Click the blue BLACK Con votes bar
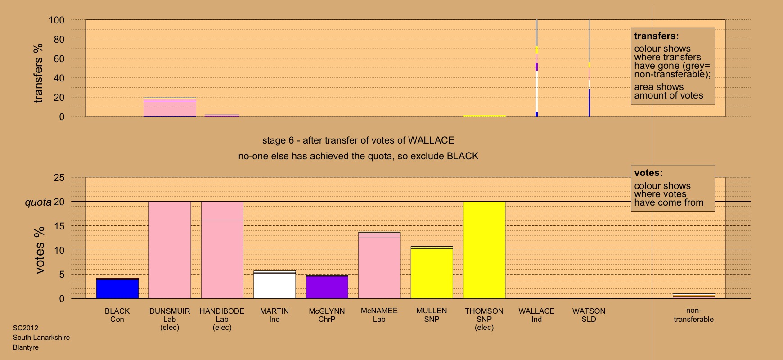[x=117, y=289]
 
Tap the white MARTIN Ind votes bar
[x=274, y=285]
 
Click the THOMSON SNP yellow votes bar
[x=484, y=250]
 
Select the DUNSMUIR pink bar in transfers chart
[x=170, y=108]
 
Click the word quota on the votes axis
[x=38, y=202]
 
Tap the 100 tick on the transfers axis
[x=57, y=20]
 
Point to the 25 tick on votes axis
[x=59, y=178]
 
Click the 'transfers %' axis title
[x=38, y=73]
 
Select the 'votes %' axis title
[x=40, y=250]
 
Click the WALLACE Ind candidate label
[x=536, y=315]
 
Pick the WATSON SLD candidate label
[x=589, y=315]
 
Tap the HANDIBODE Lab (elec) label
[x=222, y=319]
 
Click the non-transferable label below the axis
[x=693, y=315]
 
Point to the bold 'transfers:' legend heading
[x=657, y=36]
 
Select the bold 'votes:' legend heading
[x=648, y=173]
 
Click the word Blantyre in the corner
[x=26, y=347]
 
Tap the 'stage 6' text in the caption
[x=277, y=140]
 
